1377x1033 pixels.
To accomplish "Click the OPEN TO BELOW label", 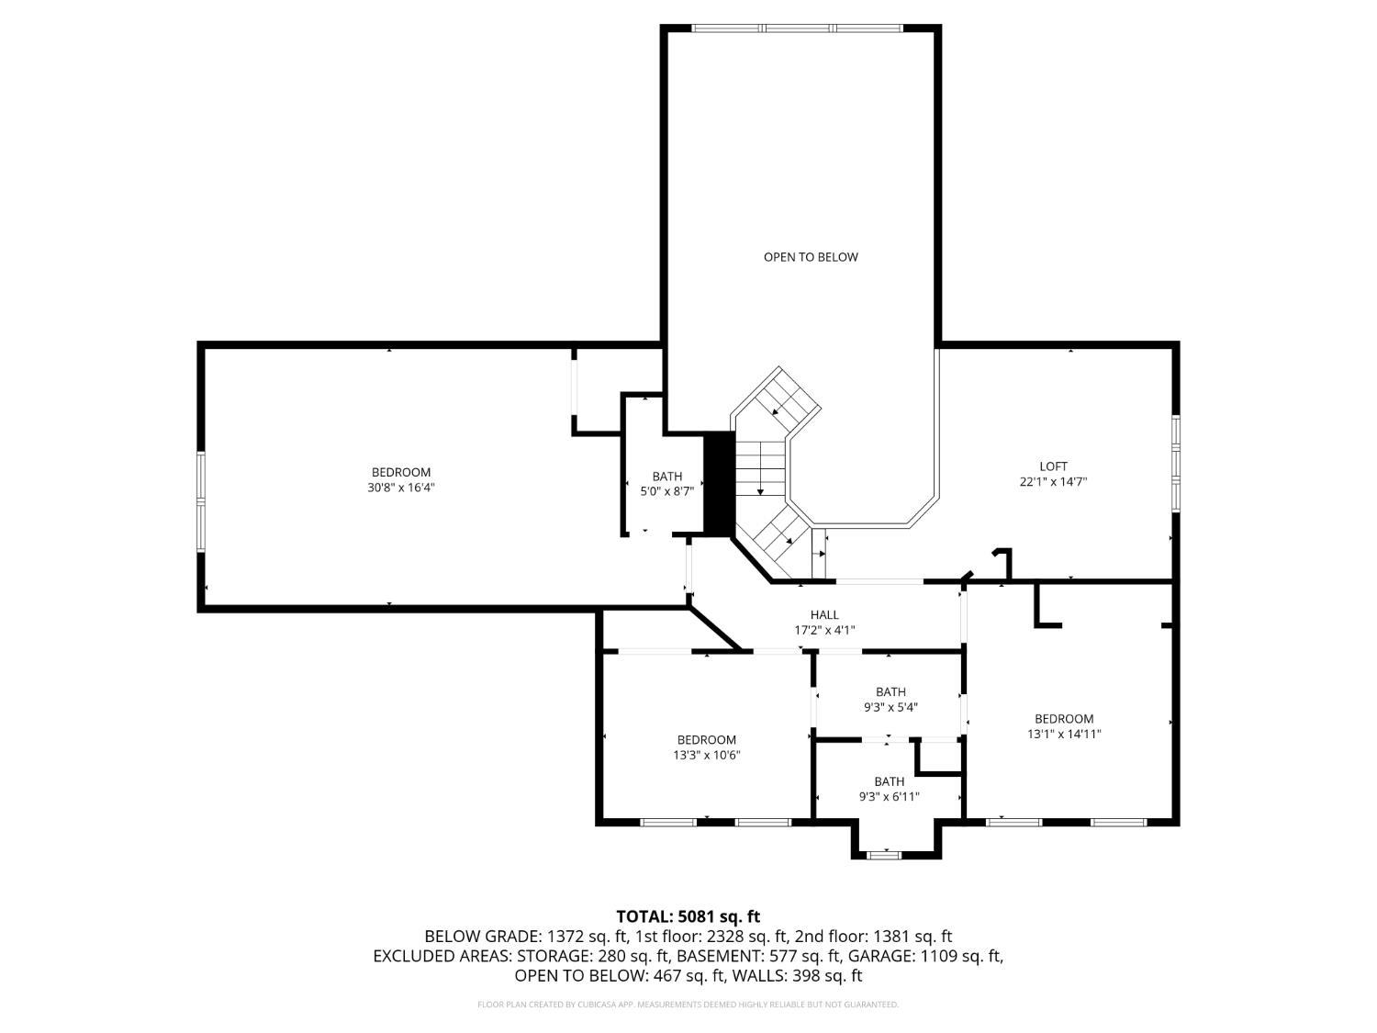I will pos(811,257).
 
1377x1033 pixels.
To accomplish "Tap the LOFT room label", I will pos(1053,466).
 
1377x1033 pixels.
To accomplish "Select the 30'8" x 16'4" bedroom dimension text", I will pos(401,488).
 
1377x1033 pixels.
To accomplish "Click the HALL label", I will pos(823,615).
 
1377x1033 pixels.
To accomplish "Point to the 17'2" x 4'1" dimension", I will pos(824,631).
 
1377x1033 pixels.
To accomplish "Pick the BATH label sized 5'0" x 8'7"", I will pos(667,476).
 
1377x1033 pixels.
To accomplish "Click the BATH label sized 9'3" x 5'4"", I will pos(890,691).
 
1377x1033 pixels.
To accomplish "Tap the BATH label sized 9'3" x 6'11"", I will pos(889,781).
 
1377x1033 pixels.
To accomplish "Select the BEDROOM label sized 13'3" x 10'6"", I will pos(706,740).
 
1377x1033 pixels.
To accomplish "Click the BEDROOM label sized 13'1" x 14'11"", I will pos(1064,719).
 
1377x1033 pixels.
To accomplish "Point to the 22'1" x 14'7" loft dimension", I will pos(1053,482).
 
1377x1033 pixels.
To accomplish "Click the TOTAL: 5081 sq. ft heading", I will pos(688,916).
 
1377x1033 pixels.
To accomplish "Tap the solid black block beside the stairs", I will pos(719,482).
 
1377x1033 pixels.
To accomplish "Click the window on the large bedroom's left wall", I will pos(201,501).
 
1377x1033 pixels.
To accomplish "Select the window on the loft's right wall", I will pos(1175,463).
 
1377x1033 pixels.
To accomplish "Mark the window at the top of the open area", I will pos(798,28).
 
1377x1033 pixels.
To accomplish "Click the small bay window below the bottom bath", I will pos(885,855).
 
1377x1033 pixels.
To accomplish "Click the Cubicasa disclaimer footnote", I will pos(688,1005).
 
